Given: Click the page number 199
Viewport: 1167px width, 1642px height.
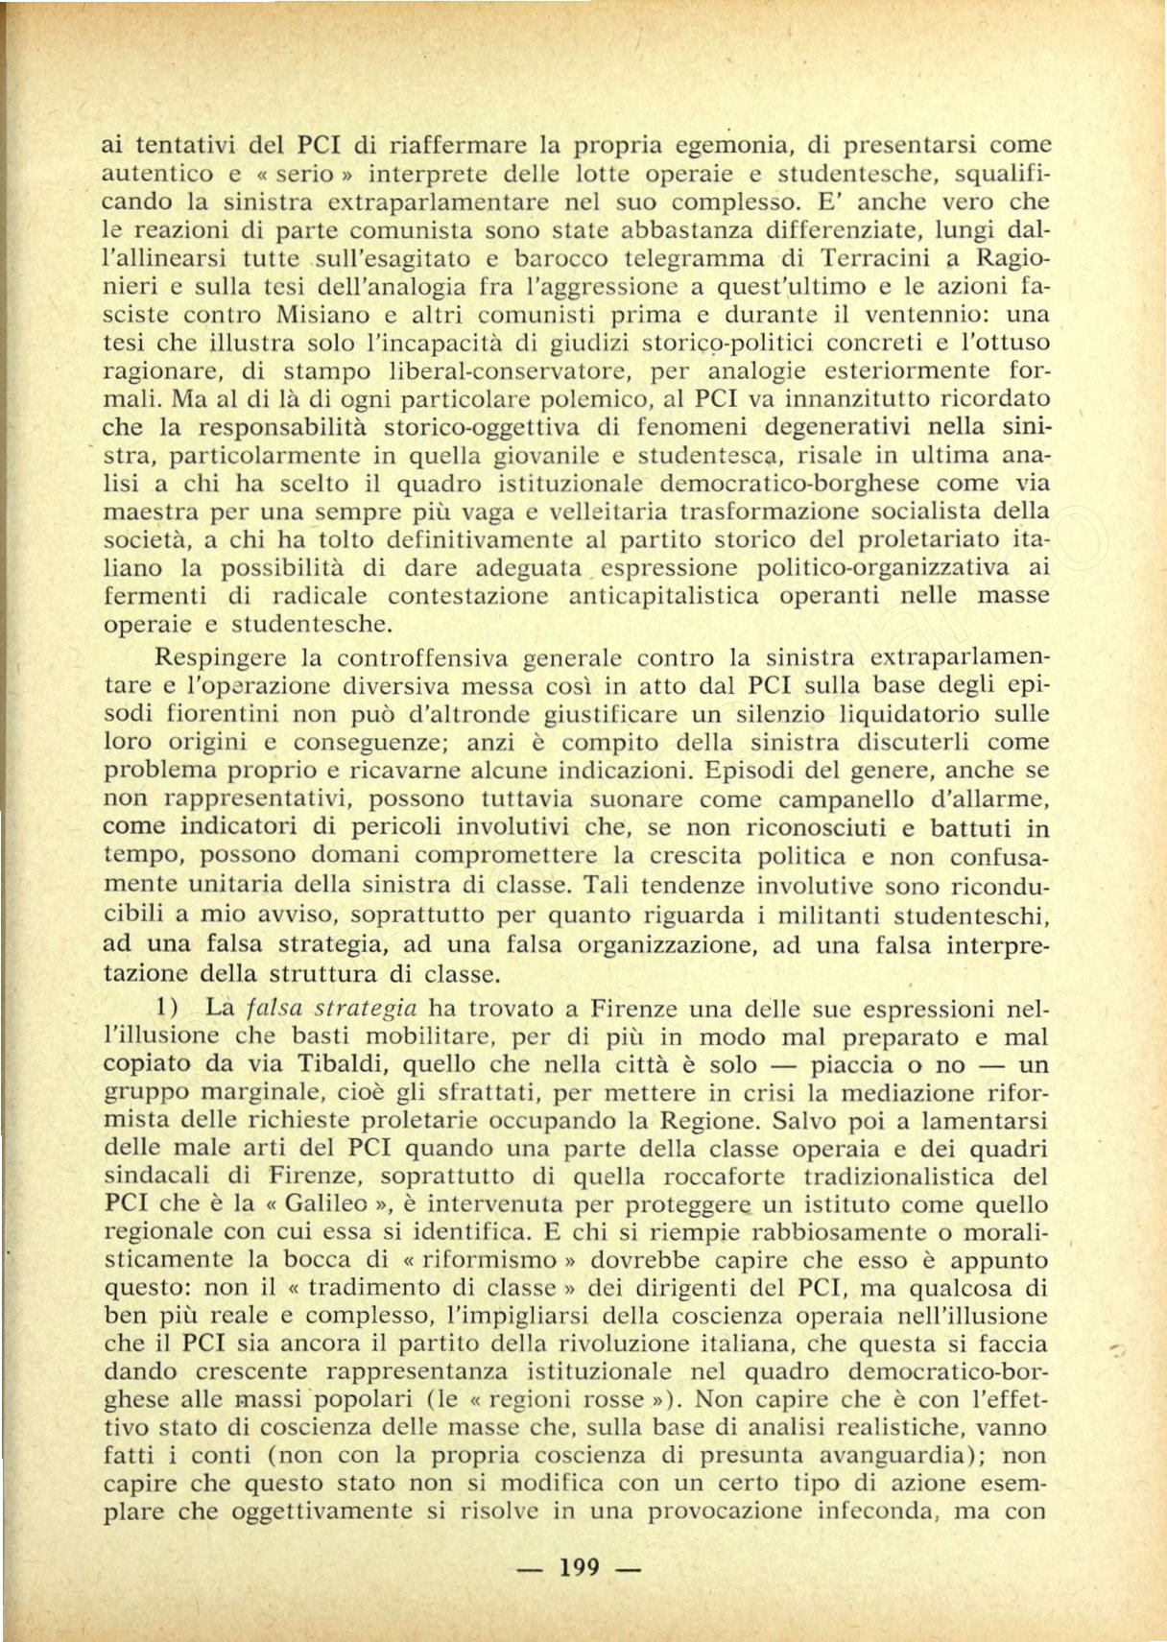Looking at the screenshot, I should tap(578, 1567).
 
